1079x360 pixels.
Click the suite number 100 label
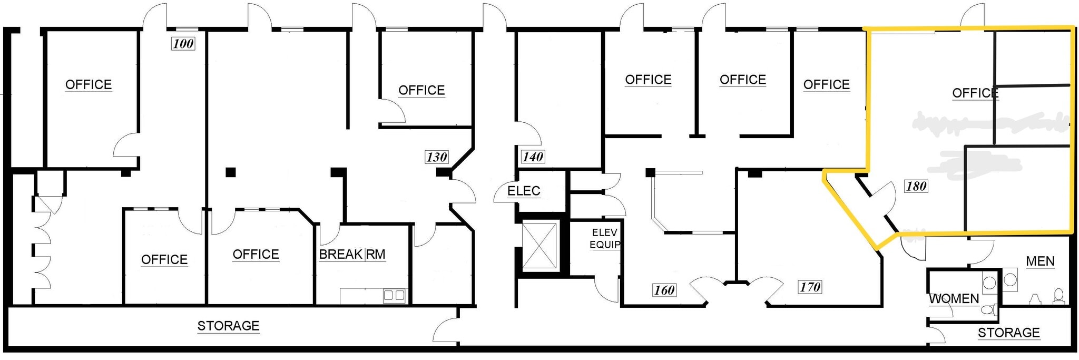183,44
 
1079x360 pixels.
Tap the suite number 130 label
436,157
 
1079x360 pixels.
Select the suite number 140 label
533,157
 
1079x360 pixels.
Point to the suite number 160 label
664,290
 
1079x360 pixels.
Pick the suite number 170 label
810,287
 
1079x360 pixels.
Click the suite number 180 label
916,186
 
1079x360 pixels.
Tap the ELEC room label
524,191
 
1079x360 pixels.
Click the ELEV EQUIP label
604,238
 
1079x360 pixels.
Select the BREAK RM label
352,255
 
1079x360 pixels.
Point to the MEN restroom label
1040,261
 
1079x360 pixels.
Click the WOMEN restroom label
954,299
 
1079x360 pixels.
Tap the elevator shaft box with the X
539,246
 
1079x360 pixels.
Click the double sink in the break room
394,295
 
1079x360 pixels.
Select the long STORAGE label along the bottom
228,326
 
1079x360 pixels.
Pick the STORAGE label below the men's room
1008,333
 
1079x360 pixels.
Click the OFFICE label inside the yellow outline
975,93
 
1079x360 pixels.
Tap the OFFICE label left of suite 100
89,85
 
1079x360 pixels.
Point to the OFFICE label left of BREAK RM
256,255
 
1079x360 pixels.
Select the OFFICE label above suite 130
421,90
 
